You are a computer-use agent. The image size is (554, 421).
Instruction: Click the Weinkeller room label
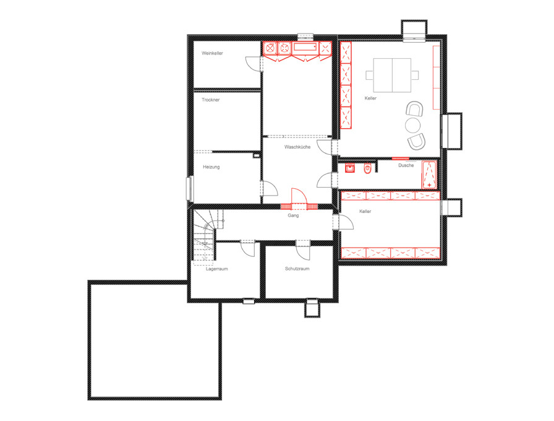[212, 53]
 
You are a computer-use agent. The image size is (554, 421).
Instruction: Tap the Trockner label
[211, 100]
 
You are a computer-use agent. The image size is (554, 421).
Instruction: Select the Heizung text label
[211, 167]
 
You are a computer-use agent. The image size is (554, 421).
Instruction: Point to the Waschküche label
[297, 147]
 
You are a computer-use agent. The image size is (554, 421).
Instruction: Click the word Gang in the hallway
[293, 215]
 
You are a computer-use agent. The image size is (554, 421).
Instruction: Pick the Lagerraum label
[217, 269]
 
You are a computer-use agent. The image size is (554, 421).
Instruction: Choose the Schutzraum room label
[297, 269]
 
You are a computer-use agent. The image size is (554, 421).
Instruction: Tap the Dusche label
[406, 165]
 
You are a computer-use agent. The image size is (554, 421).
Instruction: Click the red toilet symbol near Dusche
[367, 169]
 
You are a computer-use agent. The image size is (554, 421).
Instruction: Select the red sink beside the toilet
[350, 168]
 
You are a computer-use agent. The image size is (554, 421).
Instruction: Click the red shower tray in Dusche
[429, 175]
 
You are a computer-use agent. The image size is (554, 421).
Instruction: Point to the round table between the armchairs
[412, 125]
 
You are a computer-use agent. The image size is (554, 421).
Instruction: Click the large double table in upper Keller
[392, 75]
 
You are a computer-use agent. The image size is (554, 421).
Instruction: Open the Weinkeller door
[254, 64]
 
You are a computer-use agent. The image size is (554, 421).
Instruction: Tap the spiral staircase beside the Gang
[205, 236]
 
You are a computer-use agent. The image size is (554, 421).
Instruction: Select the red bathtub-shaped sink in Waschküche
[305, 47]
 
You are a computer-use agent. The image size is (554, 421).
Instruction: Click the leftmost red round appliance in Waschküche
[270, 48]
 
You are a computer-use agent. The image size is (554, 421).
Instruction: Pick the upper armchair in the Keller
[414, 108]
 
